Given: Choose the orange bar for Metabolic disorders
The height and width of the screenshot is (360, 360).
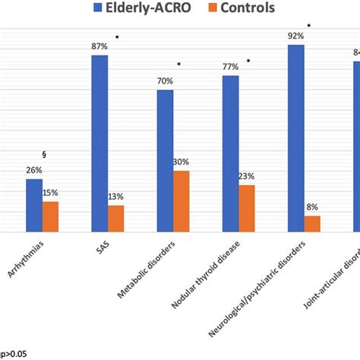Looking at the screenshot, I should pos(181,201).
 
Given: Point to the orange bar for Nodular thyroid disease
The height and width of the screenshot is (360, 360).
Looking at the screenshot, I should pos(246,208).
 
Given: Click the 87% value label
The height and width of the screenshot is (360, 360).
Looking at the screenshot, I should pos(99,47).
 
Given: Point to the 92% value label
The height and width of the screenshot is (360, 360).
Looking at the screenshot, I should pos(295,36).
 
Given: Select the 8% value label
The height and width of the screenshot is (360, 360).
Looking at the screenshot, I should pos(311,207).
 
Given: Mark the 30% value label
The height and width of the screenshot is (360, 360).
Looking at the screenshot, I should pos(181,162).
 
